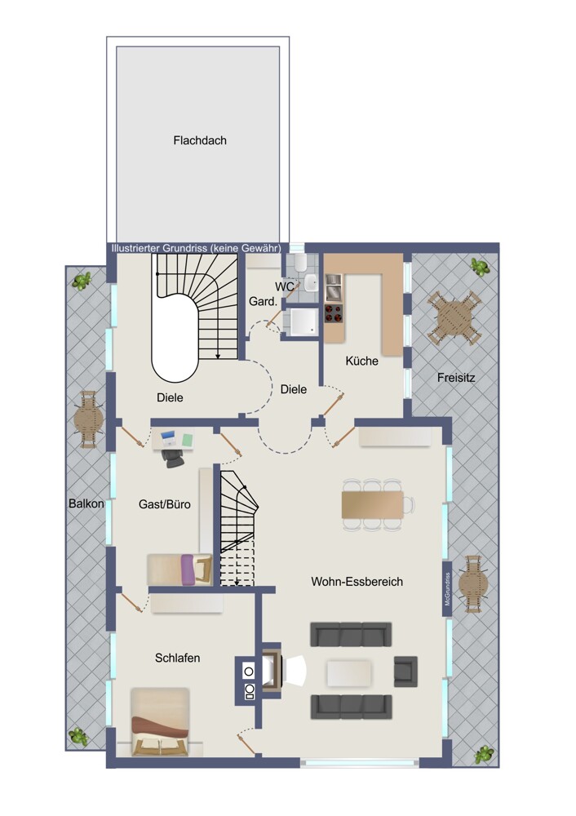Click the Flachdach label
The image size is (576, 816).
[200, 140]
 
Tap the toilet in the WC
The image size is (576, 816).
[300, 264]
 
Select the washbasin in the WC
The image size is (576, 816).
[311, 283]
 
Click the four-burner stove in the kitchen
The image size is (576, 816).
[334, 313]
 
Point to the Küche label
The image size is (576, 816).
[361, 361]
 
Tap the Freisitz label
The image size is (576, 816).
[456, 378]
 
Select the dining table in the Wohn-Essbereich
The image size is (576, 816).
[373, 504]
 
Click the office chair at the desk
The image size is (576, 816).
[172, 457]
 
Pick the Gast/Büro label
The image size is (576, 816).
[165, 504]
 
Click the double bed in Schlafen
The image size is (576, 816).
[159, 722]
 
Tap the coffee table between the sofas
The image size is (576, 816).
[348, 673]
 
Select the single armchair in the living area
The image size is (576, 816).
[405, 672]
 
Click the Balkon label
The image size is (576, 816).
[86, 503]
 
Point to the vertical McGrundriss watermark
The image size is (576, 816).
[447, 589]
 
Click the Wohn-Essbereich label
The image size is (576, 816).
[357, 582]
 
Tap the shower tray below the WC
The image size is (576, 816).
[303, 322]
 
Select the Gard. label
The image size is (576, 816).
[263, 301]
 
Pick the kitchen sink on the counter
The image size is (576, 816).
[334, 288]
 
